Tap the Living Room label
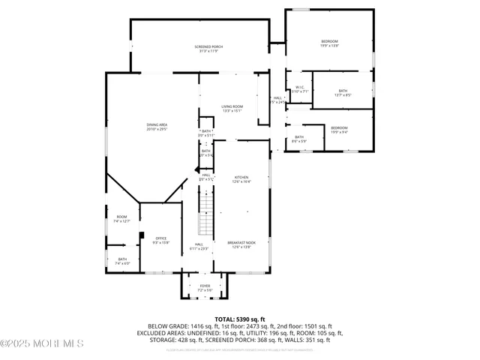[x=232, y=106]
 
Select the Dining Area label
[x=156, y=124]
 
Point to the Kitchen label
[x=241, y=177]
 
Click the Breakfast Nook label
[x=241, y=243]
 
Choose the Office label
[x=160, y=238]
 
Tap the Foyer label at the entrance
[x=205, y=286]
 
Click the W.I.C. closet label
[x=299, y=87]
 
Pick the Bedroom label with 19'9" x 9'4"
[x=339, y=127]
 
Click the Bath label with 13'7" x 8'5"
[x=343, y=91]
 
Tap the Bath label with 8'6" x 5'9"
[x=298, y=136]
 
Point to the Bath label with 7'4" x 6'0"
[x=122, y=259]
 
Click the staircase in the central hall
[x=205, y=211]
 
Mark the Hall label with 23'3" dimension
[x=199, y=244]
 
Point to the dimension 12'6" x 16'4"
[x=241, y=181]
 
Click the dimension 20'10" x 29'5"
[x=156, y=129]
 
